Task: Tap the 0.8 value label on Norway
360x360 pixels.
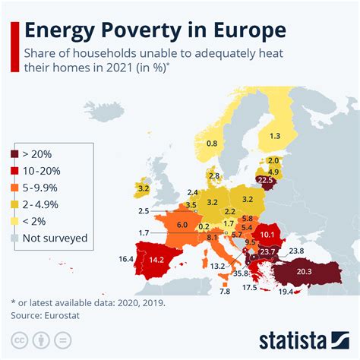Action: point(212,143)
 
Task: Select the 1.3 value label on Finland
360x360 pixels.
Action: point(274,135)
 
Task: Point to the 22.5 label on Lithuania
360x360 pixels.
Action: point(265,181)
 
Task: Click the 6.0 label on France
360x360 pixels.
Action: point(182,225)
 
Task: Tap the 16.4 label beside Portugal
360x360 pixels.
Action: point(127,259)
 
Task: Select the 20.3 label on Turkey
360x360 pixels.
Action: point(304,272)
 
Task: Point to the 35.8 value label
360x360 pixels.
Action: point(242,273)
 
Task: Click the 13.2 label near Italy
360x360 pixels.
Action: point(217,266)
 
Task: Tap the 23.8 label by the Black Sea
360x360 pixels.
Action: point(296,251)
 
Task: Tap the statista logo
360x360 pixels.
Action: point(302,339)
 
